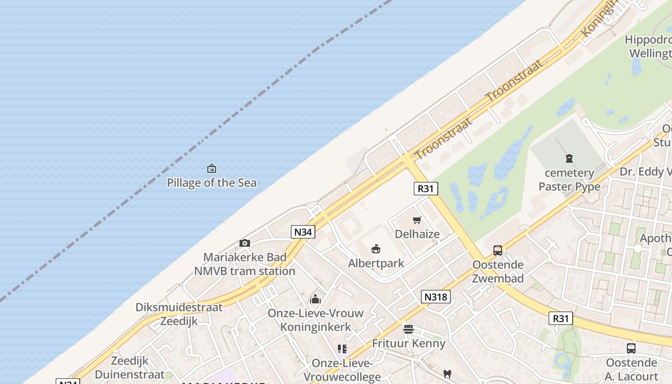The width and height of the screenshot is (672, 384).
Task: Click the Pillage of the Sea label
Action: tap(211, 183)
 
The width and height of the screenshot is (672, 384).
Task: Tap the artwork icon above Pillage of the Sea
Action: tap(211, 168)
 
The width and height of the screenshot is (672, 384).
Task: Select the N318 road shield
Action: tap(436, 297)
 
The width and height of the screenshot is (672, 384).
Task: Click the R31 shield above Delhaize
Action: tap(426, 189)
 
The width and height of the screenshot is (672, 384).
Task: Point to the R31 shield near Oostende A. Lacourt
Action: tap(561, 318)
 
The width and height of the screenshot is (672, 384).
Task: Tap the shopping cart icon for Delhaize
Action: tap(417, 220)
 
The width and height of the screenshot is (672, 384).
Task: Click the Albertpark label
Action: tap(376, 263)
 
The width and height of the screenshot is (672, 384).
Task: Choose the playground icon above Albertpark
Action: tap(376, 249)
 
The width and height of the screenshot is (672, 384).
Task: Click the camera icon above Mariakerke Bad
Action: tap(245, 243)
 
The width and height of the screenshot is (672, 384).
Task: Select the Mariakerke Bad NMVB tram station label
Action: tap(245, 264)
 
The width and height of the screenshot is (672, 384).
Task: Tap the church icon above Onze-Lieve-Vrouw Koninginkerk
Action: tap(315, 300)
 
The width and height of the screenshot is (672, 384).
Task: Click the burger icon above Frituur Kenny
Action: tap(408, 329)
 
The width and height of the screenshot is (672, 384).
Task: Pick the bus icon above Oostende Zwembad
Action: tap(498, 251)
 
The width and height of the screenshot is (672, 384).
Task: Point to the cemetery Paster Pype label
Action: tap(569, 180)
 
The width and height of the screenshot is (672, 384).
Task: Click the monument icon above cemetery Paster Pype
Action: tap(569, 158)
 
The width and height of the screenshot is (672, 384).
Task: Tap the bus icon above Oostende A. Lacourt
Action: tap(631, 348)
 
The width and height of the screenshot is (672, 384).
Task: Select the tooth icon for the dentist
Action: tap(447, 374)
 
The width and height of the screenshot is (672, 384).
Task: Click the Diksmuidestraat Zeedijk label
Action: tap(179, 314)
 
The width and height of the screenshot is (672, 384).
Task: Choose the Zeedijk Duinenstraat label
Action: tap(130, 368)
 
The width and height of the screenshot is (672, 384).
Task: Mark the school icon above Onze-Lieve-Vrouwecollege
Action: tap(342, 349)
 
